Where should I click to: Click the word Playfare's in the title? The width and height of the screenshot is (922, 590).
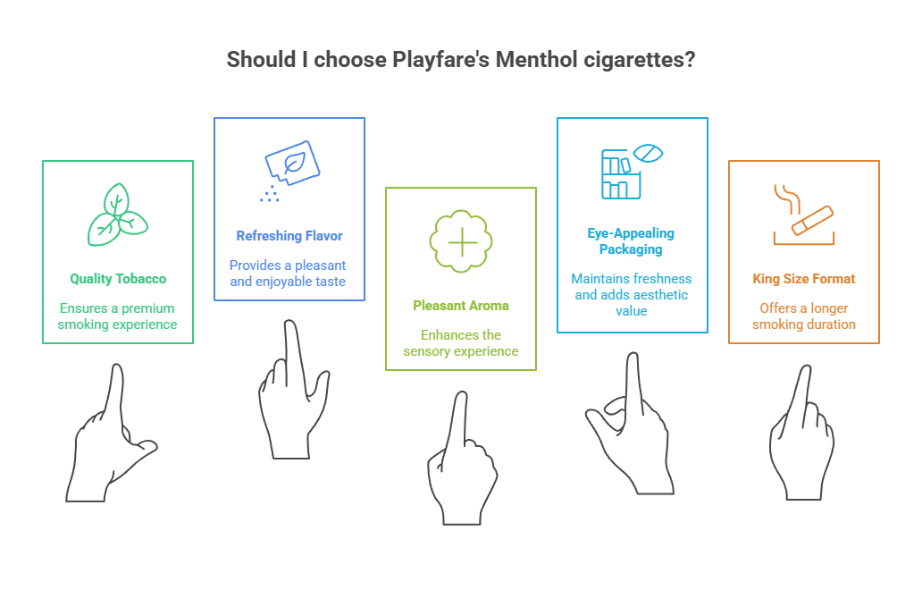pos(439,60)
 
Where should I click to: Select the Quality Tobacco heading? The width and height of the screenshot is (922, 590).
pos(118,279)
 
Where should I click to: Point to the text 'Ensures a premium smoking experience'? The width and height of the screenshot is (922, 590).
pos(118,316)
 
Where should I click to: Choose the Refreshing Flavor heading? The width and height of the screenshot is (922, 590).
pos(289,236)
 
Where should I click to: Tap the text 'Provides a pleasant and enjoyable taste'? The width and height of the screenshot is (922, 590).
pos(288,273)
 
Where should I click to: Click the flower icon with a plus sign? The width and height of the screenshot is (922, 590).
pos(461,241)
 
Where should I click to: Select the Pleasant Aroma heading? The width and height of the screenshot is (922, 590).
pos(461,306)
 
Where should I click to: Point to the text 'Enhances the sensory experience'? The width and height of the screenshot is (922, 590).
pos(461,342)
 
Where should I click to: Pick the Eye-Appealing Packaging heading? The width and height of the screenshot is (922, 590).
pos(631,241)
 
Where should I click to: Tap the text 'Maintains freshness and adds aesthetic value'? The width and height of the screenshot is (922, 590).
pos(632,294)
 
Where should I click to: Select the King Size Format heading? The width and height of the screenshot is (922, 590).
pos(803,279)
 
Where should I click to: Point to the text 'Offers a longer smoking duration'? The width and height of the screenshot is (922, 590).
pos(803,316)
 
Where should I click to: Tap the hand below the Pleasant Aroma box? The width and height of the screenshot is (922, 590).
pos(461,465)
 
